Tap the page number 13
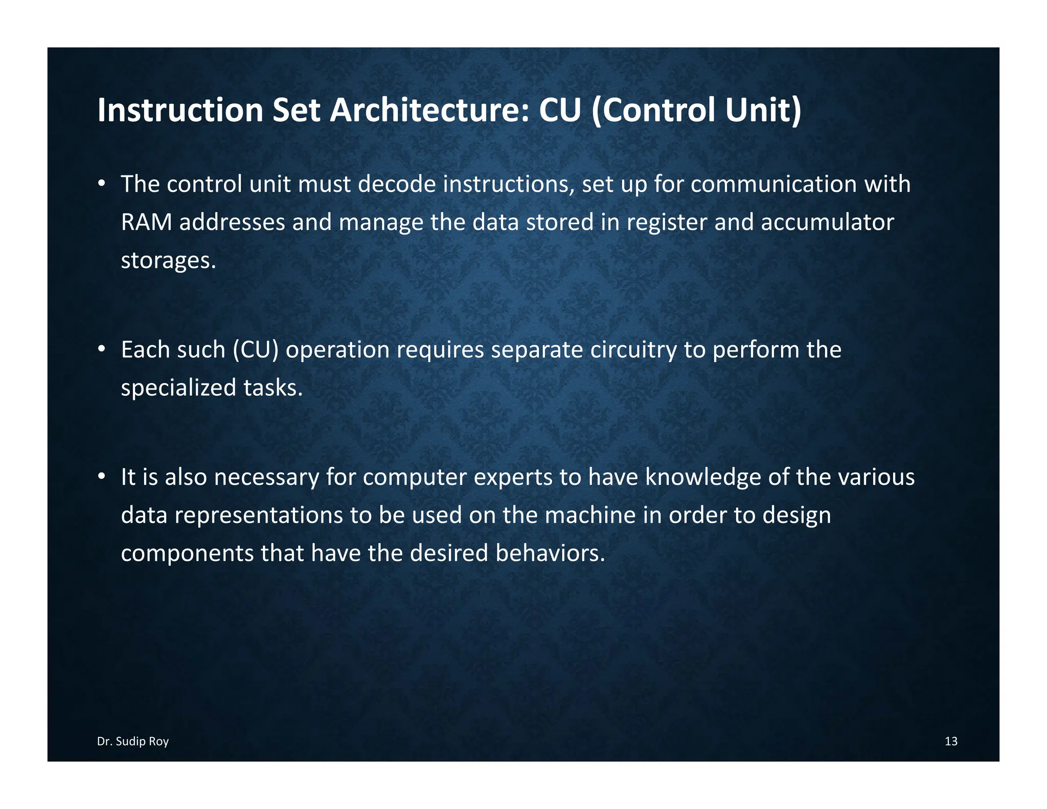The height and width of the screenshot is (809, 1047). coord(950,741)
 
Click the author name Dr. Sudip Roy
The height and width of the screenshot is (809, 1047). coord(133,741)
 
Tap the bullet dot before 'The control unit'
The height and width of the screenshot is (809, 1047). coord(102,183)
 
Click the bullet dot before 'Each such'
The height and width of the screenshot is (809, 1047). coord(102,349)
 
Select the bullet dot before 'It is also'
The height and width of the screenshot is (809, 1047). coord(102,476)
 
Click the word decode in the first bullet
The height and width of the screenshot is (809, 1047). coord(397,184)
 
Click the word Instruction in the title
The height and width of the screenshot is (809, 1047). coord(180,110)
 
